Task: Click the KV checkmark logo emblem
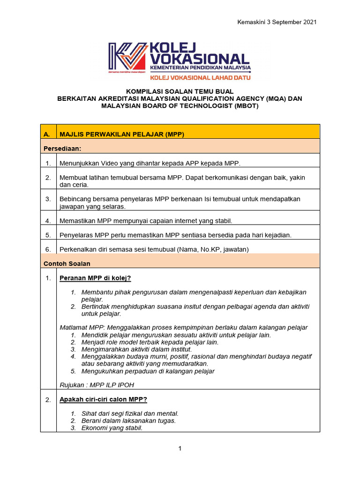[x=128, y=58]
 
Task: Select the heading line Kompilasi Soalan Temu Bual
[x=180, y=91]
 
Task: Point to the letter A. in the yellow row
[x=47, y=135]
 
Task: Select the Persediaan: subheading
[x=62, y=148]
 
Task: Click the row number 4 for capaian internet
[x=48, y=220]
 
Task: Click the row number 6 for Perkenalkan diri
[x=48, y=249]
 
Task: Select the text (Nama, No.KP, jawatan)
[x=213, y=249]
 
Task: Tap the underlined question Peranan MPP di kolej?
[x=95, y=278]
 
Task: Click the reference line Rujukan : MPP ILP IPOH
[x=99, y=385]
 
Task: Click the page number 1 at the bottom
[x=180, y=449]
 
